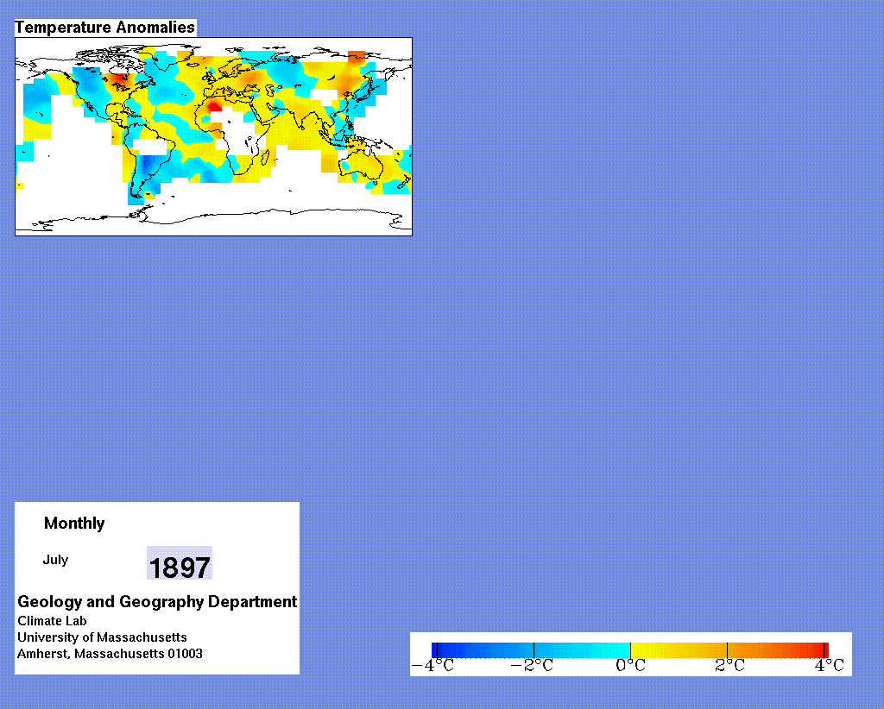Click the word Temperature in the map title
point(63,28)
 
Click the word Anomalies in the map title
point(155,28)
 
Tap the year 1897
point(180,567)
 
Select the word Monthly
point(74,524)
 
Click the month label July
point(55,560)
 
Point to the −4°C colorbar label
point(433,666)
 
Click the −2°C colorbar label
point(532,666)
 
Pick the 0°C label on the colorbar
point(630,666)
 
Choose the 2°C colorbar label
point(729,666)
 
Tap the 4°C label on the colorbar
point(830,666)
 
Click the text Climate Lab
point(52,621)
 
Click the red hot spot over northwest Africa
point(214,106)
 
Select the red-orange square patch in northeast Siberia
point(357,56)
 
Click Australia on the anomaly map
point(362,164)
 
